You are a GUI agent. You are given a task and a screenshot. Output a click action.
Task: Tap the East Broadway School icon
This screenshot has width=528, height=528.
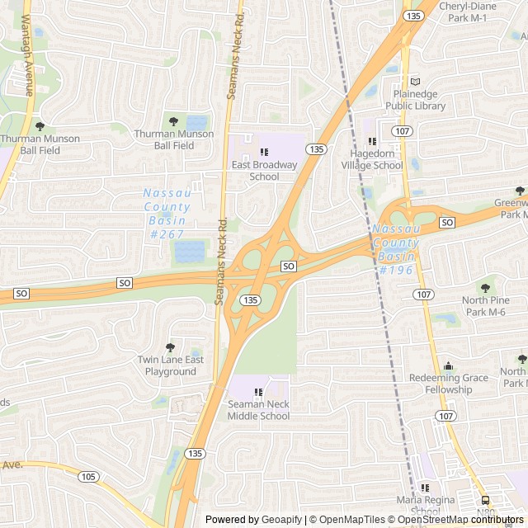click(x=264, y=152)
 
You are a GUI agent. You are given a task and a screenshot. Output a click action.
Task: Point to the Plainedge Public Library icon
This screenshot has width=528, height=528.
click(x=415, y=82)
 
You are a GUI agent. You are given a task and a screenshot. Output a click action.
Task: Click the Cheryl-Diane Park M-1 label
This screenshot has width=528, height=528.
click(x=467, y=12)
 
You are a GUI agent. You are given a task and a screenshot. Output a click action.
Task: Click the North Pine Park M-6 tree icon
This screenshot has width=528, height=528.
click(x=485, y=287)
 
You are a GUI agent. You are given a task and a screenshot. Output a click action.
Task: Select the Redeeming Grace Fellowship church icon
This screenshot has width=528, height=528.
click(x=448, y=365)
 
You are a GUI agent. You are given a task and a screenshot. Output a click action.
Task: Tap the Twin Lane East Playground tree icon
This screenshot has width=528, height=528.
click(x=170, y=347)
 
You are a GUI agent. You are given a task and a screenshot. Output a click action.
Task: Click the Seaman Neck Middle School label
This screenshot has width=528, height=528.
click(x=259, y=410)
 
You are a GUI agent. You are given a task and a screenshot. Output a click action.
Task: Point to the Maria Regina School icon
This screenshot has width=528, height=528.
click(x=426, y=487)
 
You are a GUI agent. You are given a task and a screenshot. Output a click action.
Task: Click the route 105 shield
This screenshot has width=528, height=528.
click(x=88, y=476)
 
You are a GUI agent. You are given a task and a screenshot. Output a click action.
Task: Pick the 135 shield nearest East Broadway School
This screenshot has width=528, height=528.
click(x=316, y=148)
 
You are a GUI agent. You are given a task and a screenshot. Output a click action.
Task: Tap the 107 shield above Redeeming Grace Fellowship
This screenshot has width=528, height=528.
click(x=424, y=295)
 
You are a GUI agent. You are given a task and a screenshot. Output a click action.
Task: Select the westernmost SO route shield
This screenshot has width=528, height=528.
click(x=21, y=294)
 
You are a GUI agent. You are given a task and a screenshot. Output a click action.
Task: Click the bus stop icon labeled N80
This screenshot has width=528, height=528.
click(x=485, y=500)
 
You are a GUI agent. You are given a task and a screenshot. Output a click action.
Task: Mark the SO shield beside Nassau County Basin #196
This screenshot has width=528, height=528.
click(x=447, y=223)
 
